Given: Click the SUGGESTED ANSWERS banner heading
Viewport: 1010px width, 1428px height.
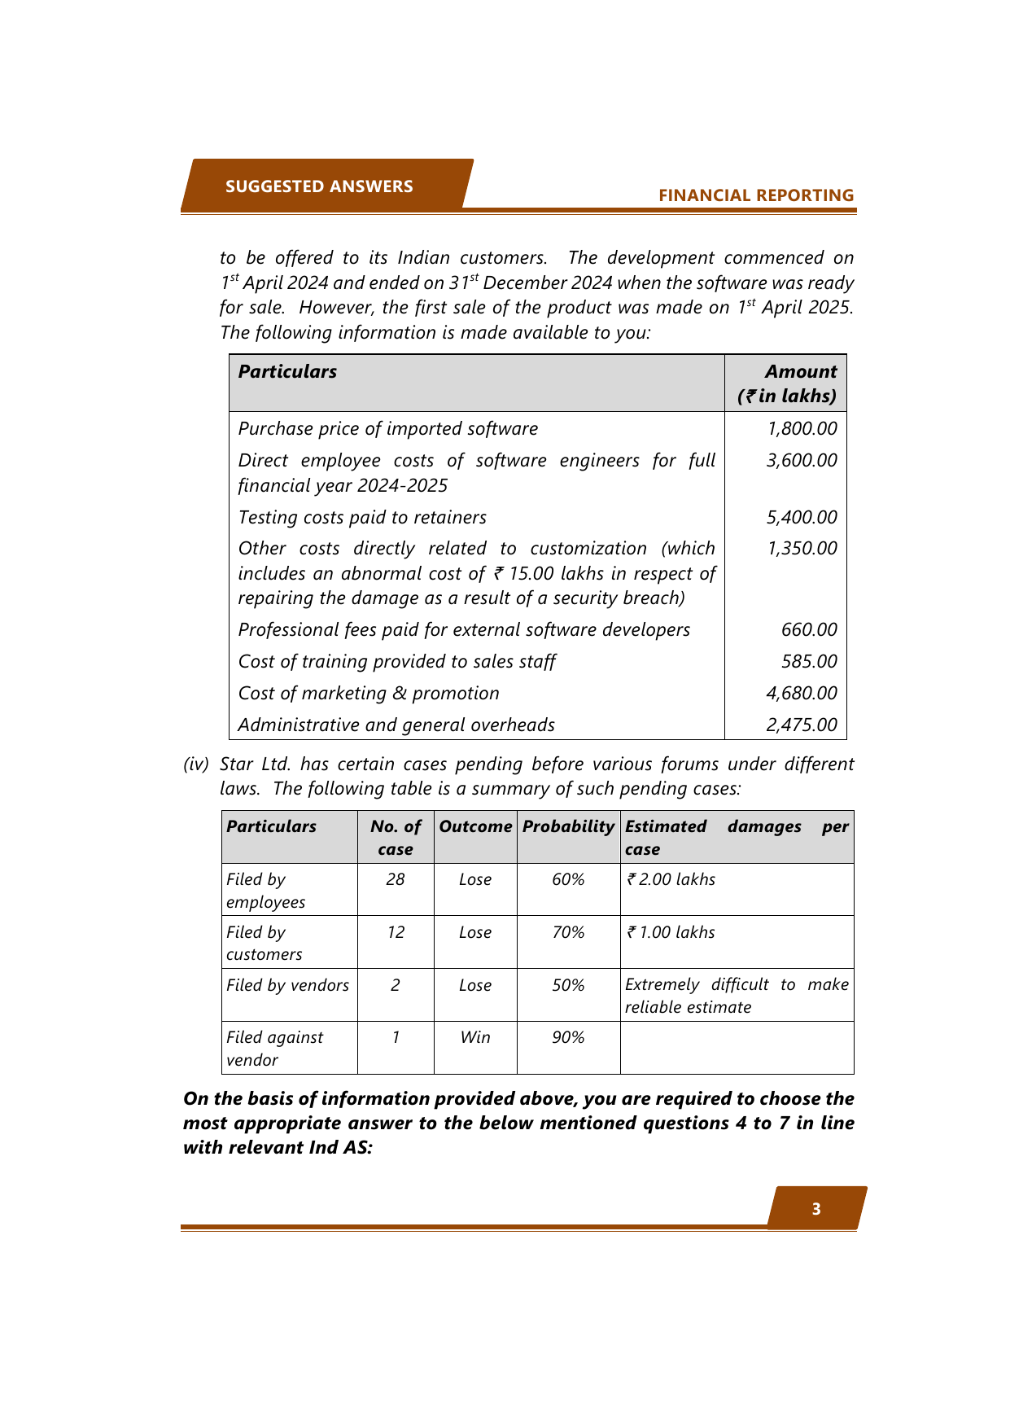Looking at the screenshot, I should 319,186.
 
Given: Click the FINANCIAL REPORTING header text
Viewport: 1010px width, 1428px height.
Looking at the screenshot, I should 756,195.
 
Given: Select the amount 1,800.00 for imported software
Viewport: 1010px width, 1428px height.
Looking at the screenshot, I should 802,429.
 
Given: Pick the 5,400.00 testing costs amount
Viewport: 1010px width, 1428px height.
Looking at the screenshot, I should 802,518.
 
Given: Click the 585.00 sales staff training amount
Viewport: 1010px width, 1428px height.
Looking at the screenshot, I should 809,662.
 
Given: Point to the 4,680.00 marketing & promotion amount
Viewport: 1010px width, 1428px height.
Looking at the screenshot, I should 802,694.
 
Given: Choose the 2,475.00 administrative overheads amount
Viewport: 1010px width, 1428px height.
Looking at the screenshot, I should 802,725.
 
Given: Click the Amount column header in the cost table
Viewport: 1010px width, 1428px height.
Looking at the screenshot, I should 801,372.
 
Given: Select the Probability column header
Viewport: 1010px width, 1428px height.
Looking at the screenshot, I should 568,827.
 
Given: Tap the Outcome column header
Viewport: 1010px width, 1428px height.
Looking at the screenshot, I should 475,827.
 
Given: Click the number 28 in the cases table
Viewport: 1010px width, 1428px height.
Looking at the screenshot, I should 396,880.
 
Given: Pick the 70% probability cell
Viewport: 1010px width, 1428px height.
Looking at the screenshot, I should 568,933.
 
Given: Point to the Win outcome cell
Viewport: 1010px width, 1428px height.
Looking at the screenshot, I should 475,1038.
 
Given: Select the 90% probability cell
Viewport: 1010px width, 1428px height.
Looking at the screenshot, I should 568,1038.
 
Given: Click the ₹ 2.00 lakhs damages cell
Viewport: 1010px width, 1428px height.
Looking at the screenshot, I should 671,880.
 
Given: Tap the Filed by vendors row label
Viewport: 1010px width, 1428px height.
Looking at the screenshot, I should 287,986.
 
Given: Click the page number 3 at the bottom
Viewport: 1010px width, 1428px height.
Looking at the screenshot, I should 816,1210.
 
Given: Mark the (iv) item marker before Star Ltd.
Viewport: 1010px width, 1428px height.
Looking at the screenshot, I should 196,764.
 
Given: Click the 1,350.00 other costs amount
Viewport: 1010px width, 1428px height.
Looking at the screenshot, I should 802,549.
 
